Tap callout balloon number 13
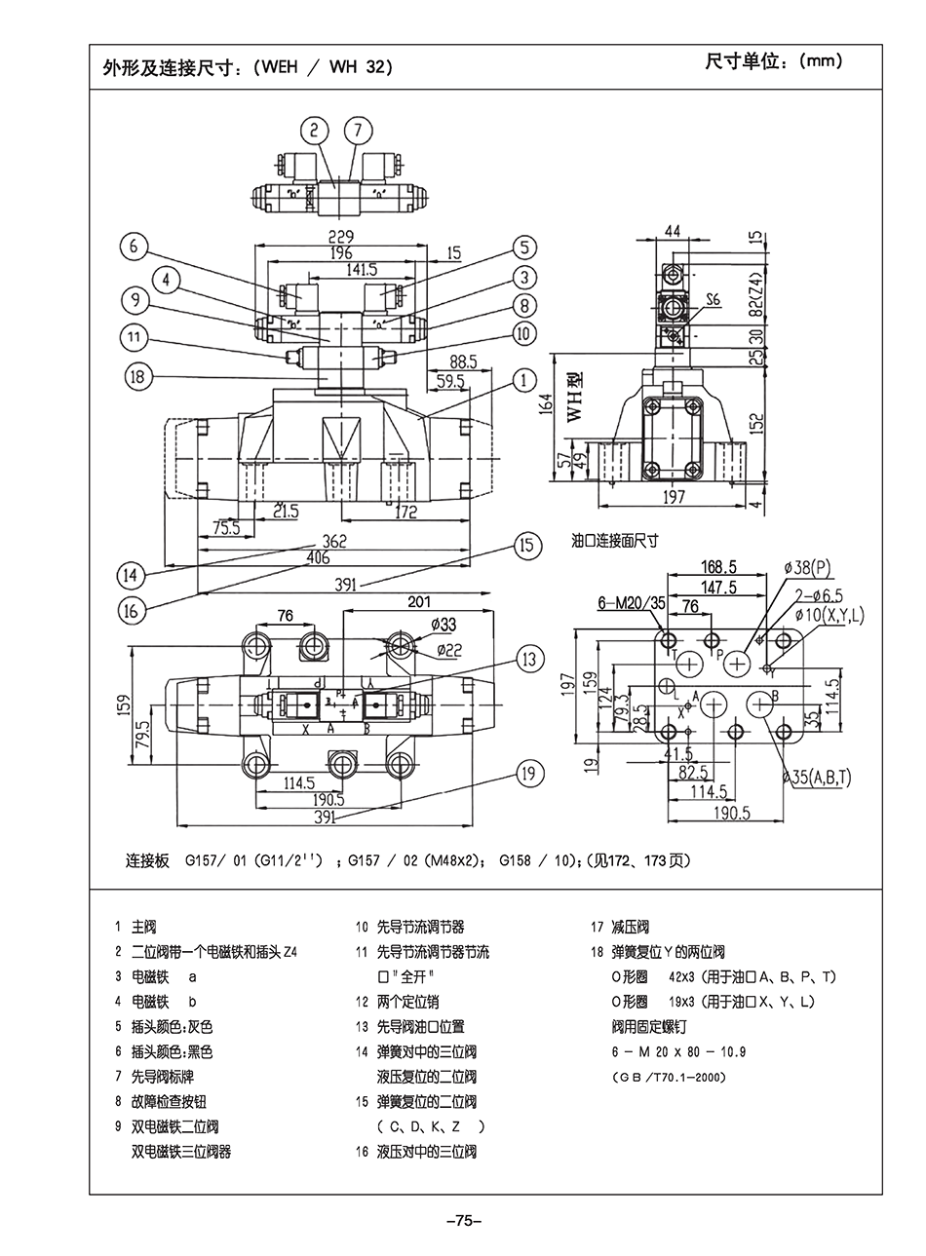click(528, 660)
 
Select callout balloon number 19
click(528, 776)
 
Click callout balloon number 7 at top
click(358, 131)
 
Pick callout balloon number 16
click(132, 610)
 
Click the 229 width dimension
click(340, 237)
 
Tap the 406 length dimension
click(318, 558)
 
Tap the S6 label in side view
click(714, 300)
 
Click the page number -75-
click(463, 1221)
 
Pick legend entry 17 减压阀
click(620, 927)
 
